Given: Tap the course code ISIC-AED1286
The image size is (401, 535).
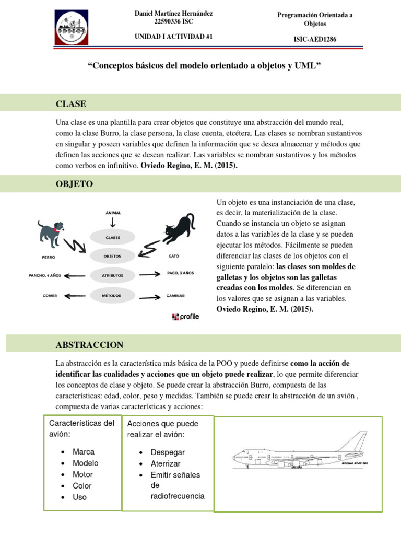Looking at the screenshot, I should click(x=315, y=39).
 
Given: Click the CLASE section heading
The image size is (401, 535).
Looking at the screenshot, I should click(x=71, y=104).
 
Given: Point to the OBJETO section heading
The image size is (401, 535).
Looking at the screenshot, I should click(x=74, y=184).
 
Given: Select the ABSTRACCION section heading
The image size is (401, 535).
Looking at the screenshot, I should click(x=89, y=344).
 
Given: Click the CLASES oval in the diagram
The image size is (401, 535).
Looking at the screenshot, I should click(x=113, y=237).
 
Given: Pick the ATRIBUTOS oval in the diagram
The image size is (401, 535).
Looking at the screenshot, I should click(x=113, y=275).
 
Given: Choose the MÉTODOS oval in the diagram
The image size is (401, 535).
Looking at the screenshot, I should click(x=113, y=295).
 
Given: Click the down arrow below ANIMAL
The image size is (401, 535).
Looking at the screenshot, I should click(x=113, y=223).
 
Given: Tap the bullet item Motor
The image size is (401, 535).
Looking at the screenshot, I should click(x=82, y=474).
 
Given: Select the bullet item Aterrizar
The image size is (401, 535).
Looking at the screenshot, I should click(x=166, y=463).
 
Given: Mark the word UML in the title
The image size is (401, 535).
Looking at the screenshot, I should click(x=304, y=66).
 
